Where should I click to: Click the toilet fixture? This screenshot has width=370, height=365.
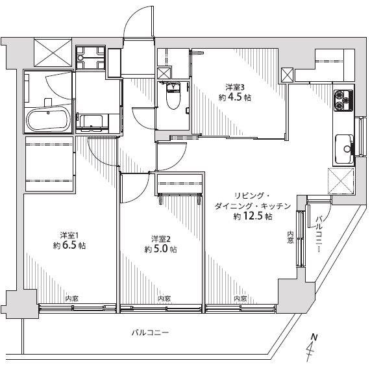(x=173, y=95)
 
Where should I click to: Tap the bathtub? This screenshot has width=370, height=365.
(x=49, y=120)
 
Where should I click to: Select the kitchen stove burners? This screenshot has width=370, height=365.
(x=343, y=101)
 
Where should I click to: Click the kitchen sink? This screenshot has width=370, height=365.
(x=344, y=149)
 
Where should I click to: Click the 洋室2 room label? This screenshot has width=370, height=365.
(x=161, y=239)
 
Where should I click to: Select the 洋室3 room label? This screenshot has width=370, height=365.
(x=235, y=88)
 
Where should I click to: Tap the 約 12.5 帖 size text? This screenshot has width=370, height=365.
(x=253, y=216)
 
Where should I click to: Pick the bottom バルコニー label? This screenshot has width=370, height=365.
(x=151, y=333)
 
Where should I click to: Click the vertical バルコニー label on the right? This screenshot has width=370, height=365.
(x=319, y=234)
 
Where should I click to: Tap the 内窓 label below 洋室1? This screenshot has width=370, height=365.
(x=72, y=298)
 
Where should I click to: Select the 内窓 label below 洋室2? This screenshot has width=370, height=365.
(x=164, y=298)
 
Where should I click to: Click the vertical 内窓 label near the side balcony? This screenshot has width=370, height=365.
(x=290, y=237)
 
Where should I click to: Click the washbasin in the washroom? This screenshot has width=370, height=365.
(x=92, y=122)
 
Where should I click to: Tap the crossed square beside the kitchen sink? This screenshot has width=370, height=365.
(x=341, y=181)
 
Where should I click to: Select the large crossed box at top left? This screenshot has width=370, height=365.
(x=53, y=53)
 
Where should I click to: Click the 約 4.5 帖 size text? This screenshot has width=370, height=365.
(x=235, y=97)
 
